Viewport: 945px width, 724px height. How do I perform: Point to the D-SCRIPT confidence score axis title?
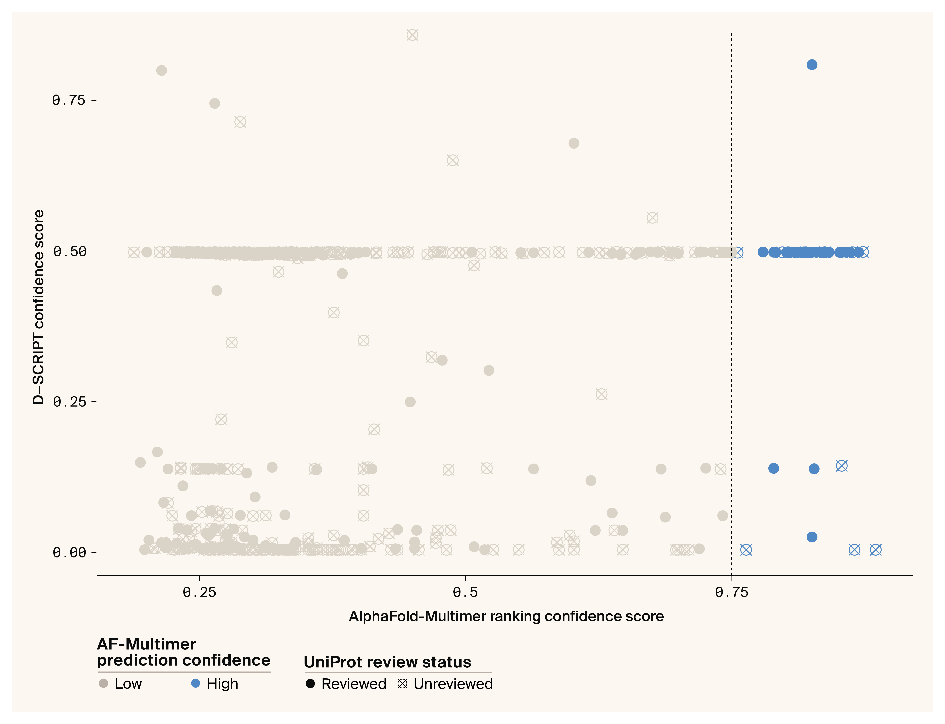click(38, 307)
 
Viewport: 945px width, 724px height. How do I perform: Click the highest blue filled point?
click(812, 65)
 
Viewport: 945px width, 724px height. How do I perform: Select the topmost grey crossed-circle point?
click(412, 35)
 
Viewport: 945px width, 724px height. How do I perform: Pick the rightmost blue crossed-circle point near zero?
click(876, 550)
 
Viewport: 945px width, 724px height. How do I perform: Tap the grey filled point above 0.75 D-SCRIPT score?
click(162, 70)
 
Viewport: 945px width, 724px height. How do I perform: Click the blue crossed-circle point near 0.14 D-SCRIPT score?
click(842, 466)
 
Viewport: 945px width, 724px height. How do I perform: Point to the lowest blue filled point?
click(812, 537)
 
